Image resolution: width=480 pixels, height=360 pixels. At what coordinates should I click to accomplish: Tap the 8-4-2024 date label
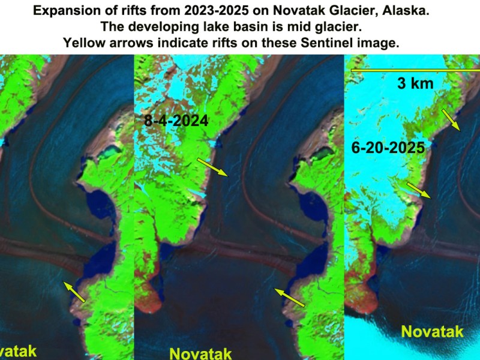[176, 121]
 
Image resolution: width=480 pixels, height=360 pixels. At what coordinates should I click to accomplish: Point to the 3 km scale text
[415, 84]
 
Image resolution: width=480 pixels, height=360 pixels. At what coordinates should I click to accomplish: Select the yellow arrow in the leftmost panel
[75, 291]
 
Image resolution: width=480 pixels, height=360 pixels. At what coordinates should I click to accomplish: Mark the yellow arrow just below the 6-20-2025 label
[419, 190]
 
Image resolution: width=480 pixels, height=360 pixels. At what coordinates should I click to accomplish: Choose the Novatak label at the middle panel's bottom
[200, 352]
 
